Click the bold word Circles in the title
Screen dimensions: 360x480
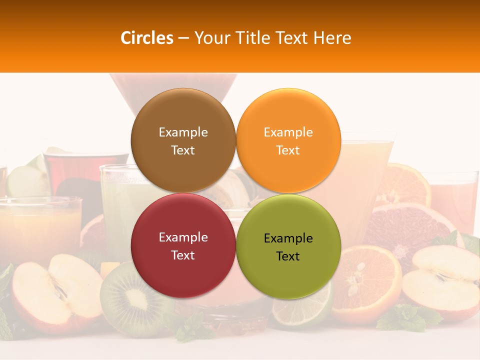click(x=147, y=38)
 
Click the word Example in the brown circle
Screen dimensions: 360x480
click(x=183, y=132)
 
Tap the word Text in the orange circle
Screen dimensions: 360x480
click(x=288, y=150)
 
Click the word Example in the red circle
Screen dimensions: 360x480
click(x=183, y=237)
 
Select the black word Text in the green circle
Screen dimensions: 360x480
click(x=288, y=256)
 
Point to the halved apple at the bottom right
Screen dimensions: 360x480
click(x=442, y=282)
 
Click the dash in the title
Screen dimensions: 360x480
click(x=183, y=38)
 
